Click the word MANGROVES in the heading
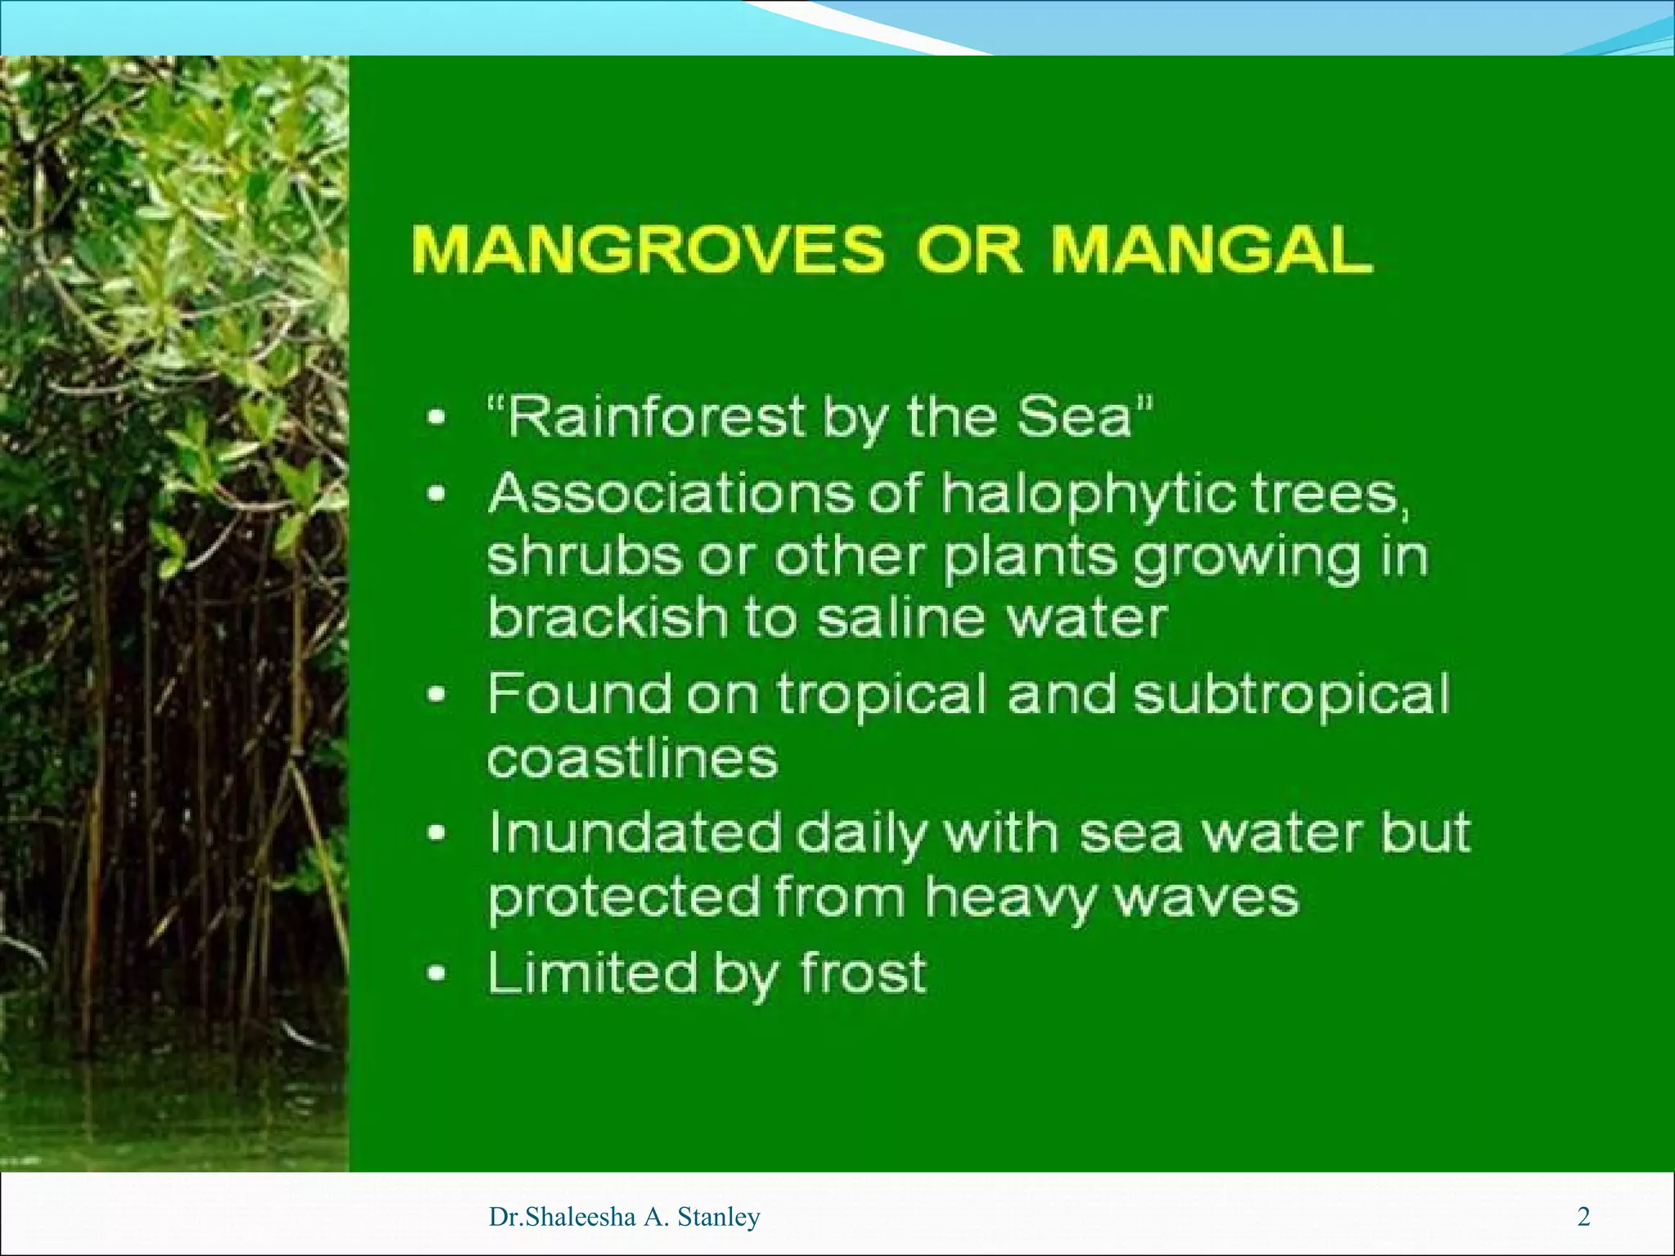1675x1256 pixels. (649, 249)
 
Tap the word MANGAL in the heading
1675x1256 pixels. (1211, 249)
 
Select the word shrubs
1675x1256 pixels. (584, 556)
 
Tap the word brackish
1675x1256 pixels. (607, 617)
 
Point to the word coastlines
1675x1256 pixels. (632, 759)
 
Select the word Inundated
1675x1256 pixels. (634, 834)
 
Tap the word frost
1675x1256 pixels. (863, 973)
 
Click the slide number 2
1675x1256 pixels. (1583, 1217)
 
